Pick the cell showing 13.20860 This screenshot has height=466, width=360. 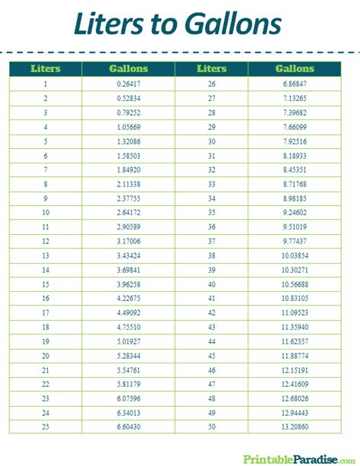(x=294, y=426)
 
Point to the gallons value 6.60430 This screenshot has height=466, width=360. (x=129, y=426)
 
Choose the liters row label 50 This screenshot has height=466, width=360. (x=211, y=426)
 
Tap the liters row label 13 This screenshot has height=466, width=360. (x=46, y=255)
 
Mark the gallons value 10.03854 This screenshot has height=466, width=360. (x=294, y=255)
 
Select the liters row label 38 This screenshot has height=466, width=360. (x=211, y=255)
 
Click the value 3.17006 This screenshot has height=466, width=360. (x=129, y=240)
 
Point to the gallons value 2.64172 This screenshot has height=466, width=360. (x=129, y=212)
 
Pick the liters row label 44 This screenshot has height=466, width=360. (x=211, y=341)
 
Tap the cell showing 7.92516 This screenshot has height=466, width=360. (x=294, y=141)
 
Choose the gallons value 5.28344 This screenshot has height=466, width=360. (x=129, y=355)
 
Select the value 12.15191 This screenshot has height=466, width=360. (x=294, y=369)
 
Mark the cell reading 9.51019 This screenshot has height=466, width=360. (x=294, y=226)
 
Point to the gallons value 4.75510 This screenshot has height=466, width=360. (x=129, y=326)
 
